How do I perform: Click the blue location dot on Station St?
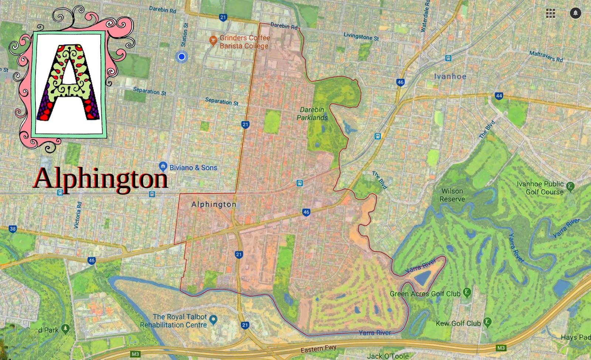coord(181,57)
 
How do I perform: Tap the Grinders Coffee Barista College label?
coord(244,42)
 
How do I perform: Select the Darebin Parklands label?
coord(312,114)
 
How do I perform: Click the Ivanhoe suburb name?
coord(450,77)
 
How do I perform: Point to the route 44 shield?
coord(499,96)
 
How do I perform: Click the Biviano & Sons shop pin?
coord(163,166)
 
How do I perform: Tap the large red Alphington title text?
coord(100,179)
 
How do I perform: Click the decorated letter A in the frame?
coord(69,83)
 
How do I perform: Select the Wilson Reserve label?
coord(452,195)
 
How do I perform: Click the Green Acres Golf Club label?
coord(425,294)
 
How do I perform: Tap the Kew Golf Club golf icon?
coord(488,322)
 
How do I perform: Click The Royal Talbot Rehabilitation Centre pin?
coord(213,319)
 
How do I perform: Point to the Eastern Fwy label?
coord(318,349)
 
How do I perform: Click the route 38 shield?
coord(13,229)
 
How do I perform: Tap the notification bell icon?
coord(575,13)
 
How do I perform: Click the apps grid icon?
coord(550,13)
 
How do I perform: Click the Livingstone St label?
coord(361,36)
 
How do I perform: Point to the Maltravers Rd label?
coord(546,56)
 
